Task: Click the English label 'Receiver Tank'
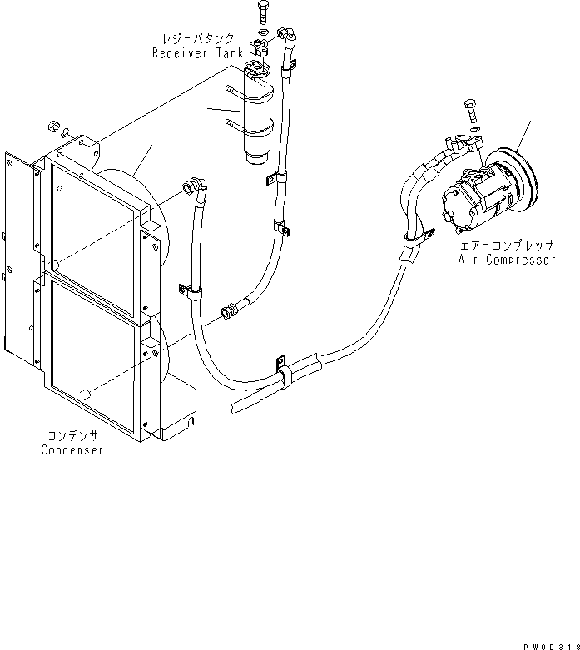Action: (197, 53)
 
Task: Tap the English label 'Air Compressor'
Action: (507, 260)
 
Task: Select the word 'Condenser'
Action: (72, 449)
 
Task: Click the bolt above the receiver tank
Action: (263, 13)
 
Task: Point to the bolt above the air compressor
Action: (471, 111)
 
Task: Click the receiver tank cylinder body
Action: (258, 112)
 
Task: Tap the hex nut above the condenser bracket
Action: (53, 126)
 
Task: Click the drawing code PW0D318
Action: (551, 647)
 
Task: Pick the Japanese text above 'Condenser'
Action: (73, 435)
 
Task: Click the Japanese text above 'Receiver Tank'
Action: (198, 38)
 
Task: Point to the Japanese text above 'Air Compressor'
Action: (507, 245)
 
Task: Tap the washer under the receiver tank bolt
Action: (263, 32)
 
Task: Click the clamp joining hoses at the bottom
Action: (285, 373)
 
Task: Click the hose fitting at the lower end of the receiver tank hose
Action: (230, 311)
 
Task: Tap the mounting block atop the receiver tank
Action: (258, 47)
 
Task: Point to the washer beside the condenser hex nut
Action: (65, 133)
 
